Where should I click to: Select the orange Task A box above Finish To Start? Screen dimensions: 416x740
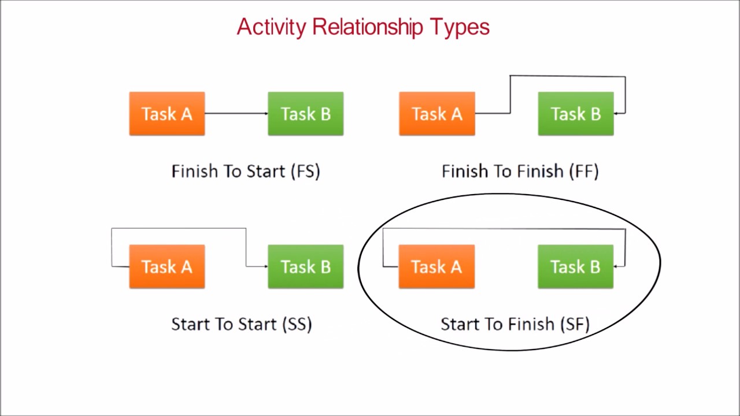(x=166, y=114)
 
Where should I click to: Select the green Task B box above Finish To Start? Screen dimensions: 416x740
(x=305, y=114)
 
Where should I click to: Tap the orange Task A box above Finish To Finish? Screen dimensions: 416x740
(x=436, y=114)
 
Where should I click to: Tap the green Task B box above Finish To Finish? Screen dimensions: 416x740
(x=575, y=114)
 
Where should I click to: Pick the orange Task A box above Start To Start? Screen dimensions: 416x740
(x=166, y=266)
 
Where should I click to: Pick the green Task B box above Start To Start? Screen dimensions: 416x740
(x=305, y=266)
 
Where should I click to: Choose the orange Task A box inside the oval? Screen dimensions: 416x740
(x=436, y=266)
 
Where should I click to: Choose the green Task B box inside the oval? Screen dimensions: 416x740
(x=575, y=266)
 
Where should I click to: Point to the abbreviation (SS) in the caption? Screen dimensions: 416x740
(x=297, y=324)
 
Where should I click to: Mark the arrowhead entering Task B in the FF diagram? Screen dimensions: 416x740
(x=616, y=113)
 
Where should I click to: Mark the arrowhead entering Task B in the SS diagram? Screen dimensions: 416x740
(x=265, y=266)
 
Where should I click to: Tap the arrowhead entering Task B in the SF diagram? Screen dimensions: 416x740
(x=616, y=266)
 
